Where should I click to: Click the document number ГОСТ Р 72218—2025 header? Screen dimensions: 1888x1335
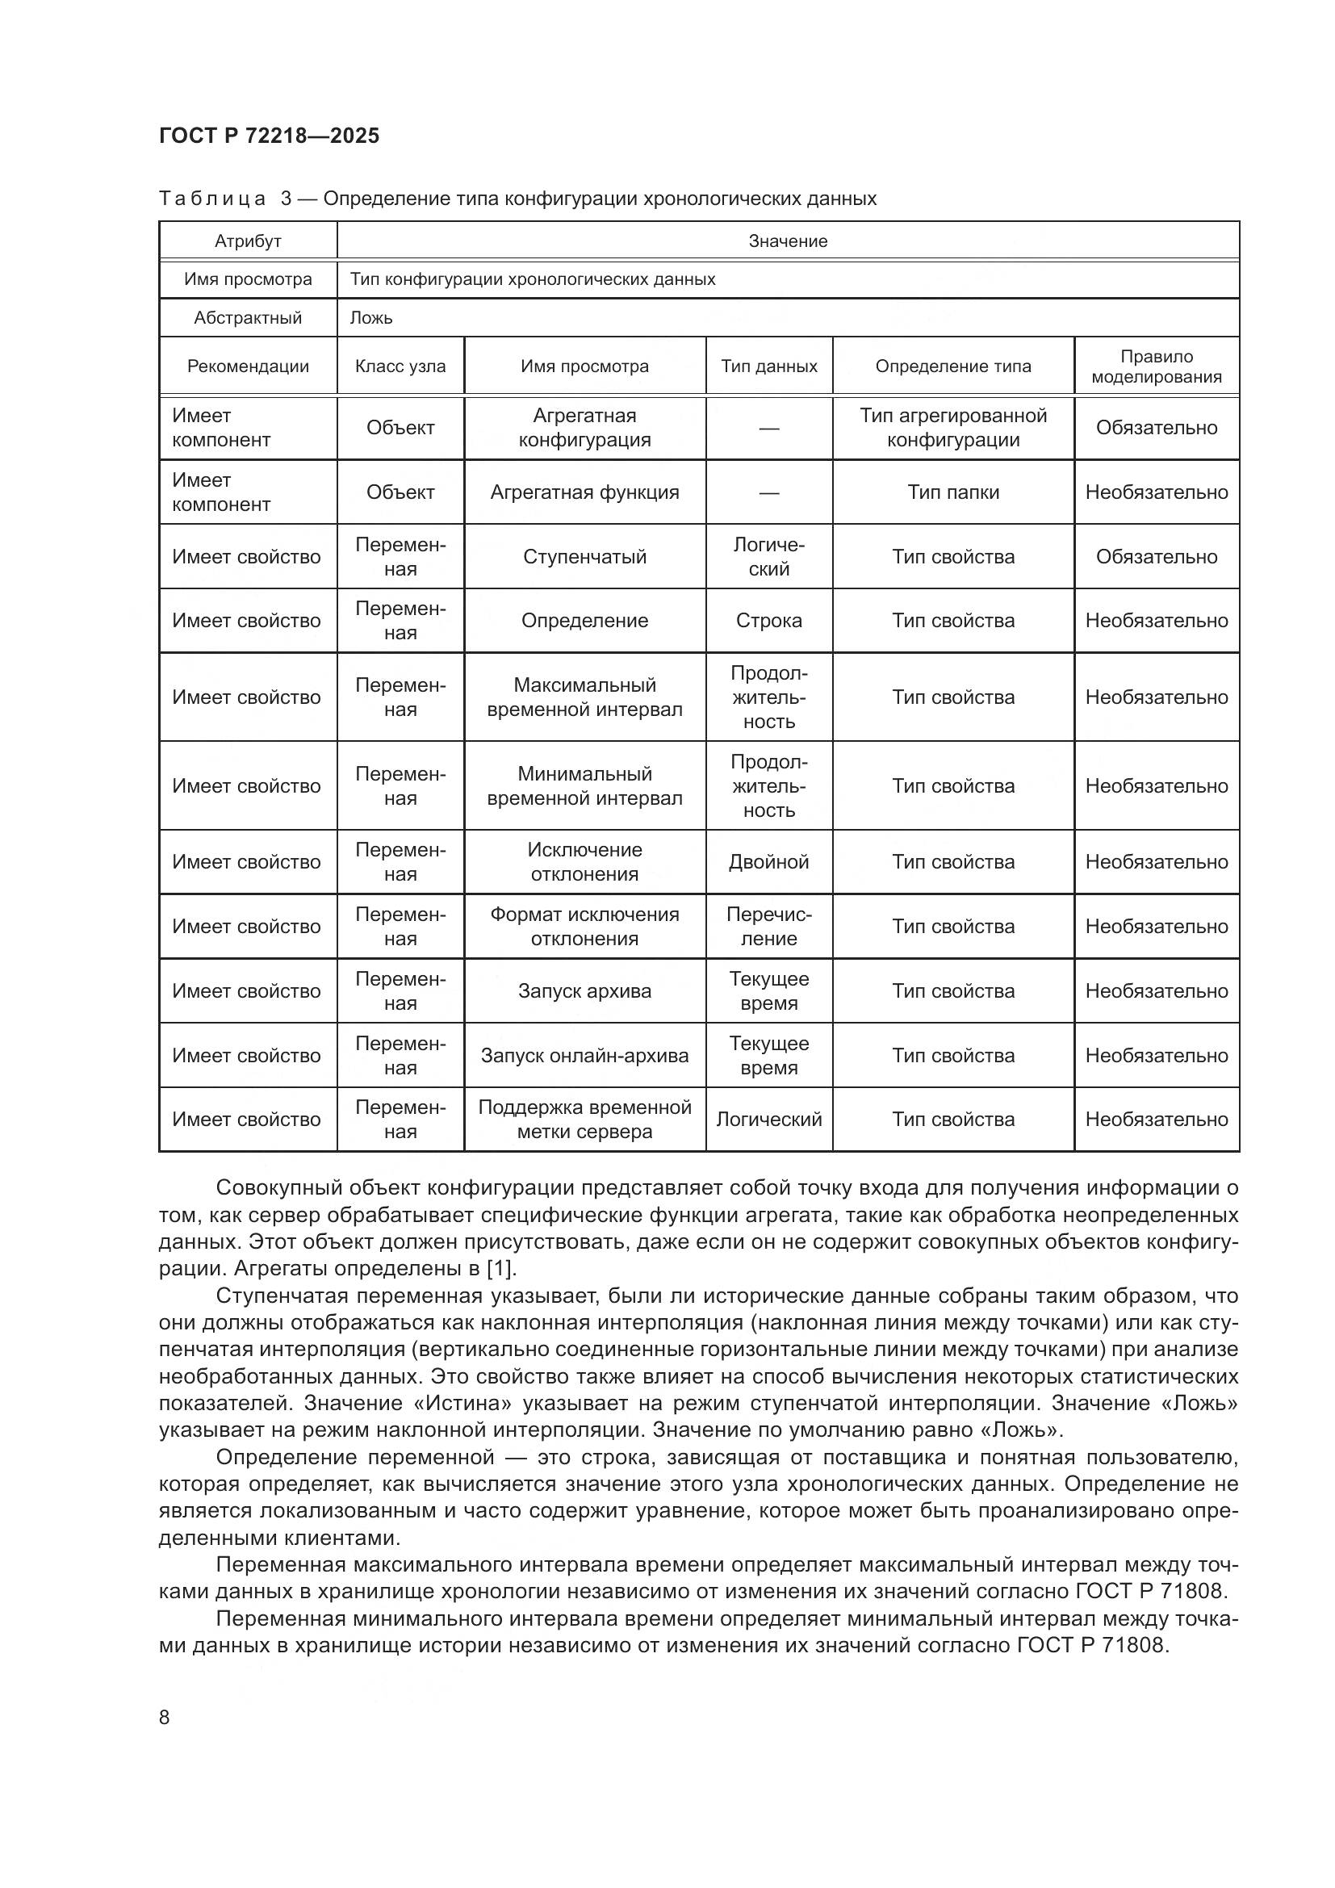[269, 136]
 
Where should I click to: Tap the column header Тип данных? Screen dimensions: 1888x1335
[768, 366]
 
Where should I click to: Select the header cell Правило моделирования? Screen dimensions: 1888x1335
[1156, 366]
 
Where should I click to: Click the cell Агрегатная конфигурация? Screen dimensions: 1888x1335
[584, 428]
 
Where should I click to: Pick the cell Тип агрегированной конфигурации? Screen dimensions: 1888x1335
[952, 428]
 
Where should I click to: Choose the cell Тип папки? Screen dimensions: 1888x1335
[952, 492]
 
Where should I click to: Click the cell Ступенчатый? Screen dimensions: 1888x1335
[584, 557]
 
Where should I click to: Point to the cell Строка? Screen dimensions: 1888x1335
[768, 621]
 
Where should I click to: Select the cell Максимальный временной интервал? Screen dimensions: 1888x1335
[584, 697]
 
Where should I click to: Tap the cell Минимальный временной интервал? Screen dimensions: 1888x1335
[584, 786]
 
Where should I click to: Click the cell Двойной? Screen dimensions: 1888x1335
[768, 862]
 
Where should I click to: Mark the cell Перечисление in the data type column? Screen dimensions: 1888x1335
[768, 927]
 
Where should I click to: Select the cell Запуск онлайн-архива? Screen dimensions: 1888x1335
[584, 1056]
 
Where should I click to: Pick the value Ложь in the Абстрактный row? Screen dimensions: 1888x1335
[371, 318]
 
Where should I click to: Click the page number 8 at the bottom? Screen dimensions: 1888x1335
[165, 1717]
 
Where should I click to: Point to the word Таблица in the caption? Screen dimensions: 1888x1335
[212, 199]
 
